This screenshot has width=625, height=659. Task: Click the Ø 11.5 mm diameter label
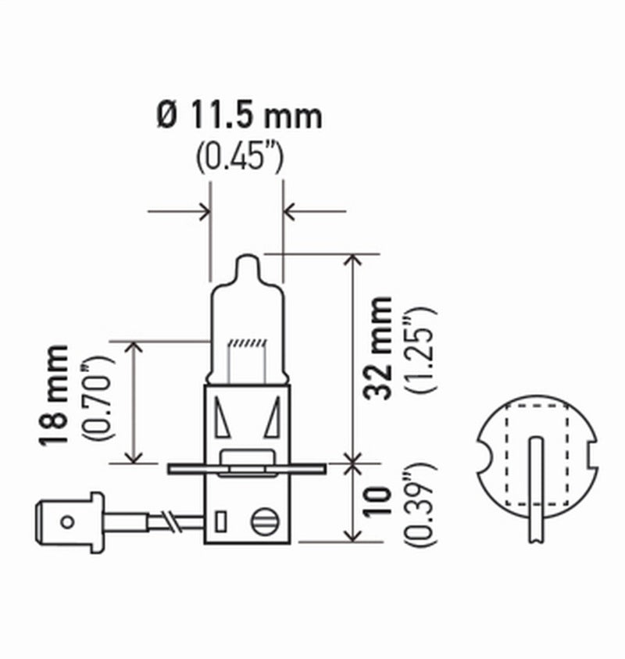(238, 116)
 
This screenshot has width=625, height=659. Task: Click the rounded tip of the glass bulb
(246, 262)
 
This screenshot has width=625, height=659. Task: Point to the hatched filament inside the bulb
(246, 345)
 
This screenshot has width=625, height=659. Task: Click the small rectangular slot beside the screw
(220, 521)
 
